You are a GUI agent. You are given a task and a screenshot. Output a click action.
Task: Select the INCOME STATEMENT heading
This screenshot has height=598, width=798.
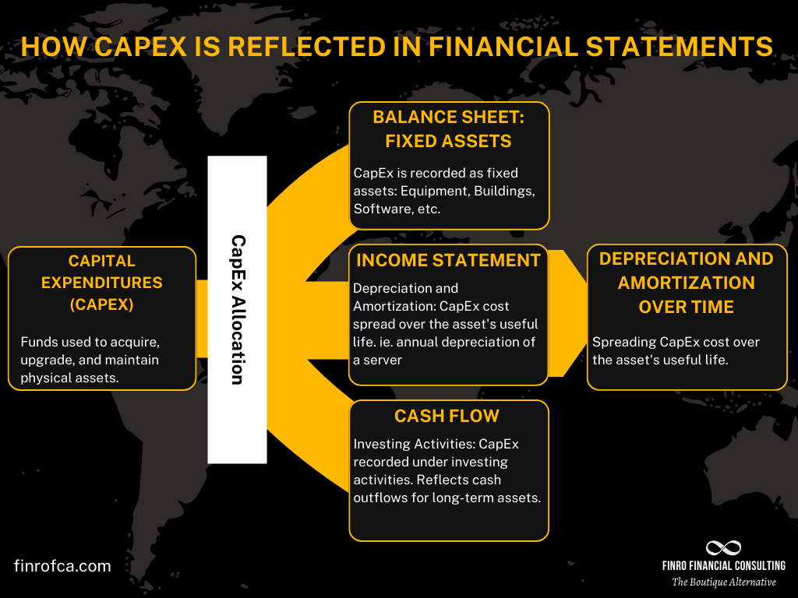click(x=448, y=260)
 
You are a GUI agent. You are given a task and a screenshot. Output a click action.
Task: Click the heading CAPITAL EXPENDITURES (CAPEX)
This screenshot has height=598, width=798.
click(x=101, y=282)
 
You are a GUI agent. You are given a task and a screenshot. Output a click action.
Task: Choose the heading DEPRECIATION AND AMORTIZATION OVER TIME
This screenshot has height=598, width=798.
click(x=686, y=282)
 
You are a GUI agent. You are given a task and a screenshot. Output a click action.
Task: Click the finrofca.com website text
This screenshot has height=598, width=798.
click(x=62, y=566)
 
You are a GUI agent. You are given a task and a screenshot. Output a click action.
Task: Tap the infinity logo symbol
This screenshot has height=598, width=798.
click(x=723, y=548)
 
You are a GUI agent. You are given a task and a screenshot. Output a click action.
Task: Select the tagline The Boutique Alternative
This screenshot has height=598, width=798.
click(x=723, y=582)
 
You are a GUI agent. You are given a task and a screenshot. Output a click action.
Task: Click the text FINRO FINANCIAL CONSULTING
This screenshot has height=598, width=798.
click(x=723, y=565)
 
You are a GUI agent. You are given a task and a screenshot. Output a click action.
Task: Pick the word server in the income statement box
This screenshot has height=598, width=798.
click(x=387, y=360)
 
